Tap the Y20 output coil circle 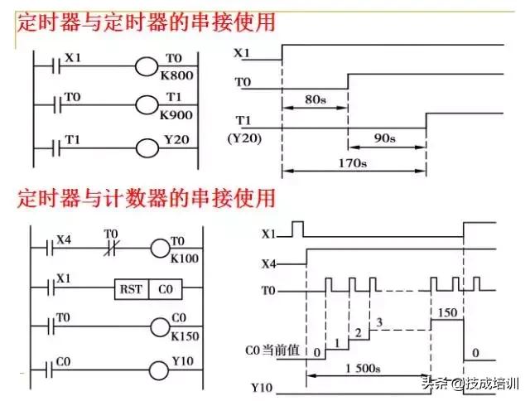click(146, 148)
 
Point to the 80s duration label click(314, 99)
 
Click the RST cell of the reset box click(131, 289)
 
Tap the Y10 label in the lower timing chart click(263, 387)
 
